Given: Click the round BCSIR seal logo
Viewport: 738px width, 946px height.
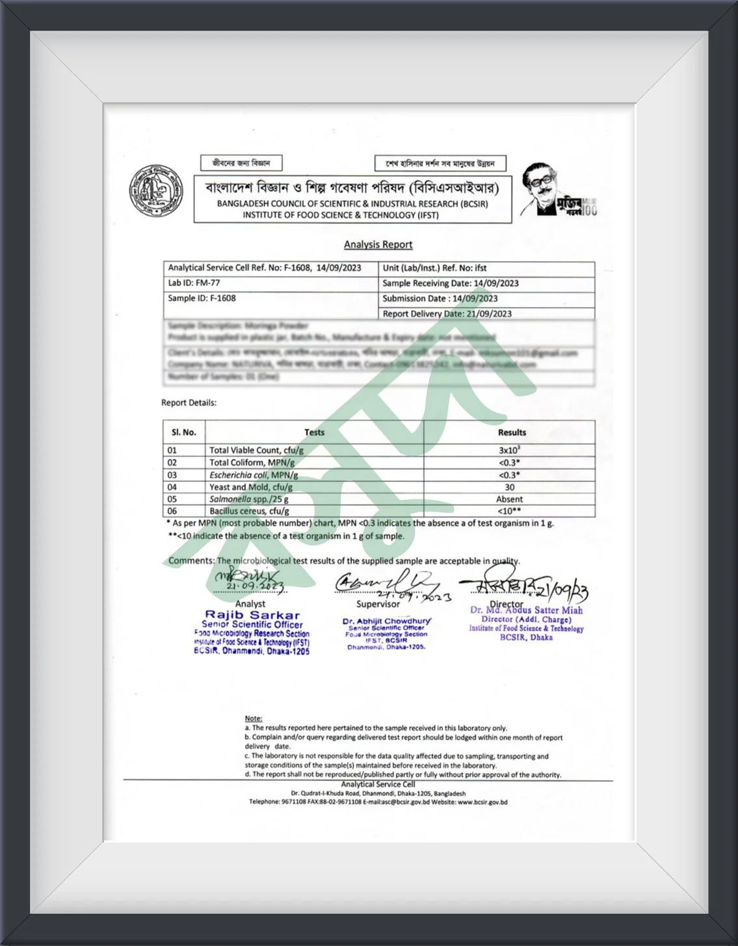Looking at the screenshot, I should [156, 191].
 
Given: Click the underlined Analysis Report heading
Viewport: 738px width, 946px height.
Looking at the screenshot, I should [378, 244].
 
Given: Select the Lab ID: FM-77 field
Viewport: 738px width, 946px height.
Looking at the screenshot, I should [194, 283].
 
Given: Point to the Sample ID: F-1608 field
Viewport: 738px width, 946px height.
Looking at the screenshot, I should [202, 298].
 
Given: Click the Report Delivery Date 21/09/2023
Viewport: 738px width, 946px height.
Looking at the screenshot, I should [447, 313].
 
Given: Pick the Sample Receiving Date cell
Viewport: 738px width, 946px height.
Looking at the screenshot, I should [450, 283].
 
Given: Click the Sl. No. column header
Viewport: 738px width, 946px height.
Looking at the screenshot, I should [184, 432].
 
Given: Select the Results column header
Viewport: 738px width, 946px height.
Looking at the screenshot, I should [512, 432].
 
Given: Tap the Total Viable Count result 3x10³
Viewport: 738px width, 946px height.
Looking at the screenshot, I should [509, 450].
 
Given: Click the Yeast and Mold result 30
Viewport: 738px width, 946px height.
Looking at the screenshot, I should [509, 487].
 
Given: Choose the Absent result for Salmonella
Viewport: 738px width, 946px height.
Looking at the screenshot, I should [509, 499].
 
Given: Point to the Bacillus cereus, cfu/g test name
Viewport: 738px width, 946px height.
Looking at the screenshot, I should [249, 511].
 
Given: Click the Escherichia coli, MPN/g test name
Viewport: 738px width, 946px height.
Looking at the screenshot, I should [254, 475].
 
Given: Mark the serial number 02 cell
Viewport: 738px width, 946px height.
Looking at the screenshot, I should [172, 462].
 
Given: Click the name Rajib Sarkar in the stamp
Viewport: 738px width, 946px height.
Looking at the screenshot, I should [252, 614].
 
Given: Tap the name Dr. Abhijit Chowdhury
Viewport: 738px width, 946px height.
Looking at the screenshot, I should [386, 621].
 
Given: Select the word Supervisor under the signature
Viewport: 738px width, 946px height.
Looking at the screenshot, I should [378, 604].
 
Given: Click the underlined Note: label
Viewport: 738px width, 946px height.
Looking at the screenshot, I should [254, 718].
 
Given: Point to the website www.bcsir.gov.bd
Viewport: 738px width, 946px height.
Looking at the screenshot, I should [482, 802].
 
